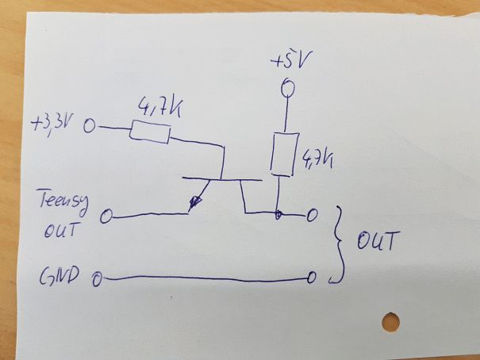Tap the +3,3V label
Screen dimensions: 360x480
tap(54, 124)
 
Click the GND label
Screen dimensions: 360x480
tap(62, 277)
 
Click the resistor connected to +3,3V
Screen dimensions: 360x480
tap(149, 131)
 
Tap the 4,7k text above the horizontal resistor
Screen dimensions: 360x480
tap(159, 107)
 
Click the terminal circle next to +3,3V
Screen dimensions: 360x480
tap(90, 126)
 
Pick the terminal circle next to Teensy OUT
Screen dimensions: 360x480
tap(108, 215)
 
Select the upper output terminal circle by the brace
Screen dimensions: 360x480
tap(313, 214)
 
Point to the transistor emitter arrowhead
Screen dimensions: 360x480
tap(193, 205)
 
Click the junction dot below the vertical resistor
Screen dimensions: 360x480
tap(278, 214)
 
